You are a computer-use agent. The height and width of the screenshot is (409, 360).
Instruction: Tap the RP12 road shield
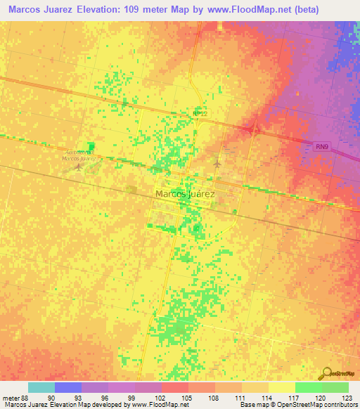click(x=201, y=112)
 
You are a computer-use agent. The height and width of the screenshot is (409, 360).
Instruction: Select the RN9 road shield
click(x=321, y=145)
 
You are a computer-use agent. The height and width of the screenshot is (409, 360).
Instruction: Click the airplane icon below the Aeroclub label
click(x=77, y=169)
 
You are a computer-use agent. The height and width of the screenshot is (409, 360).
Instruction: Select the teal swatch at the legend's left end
click(x=41, y=387)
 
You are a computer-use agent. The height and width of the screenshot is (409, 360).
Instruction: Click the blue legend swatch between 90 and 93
click(x=67, y=387)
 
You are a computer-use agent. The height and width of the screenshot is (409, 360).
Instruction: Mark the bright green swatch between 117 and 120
click(x=308, y=387)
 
